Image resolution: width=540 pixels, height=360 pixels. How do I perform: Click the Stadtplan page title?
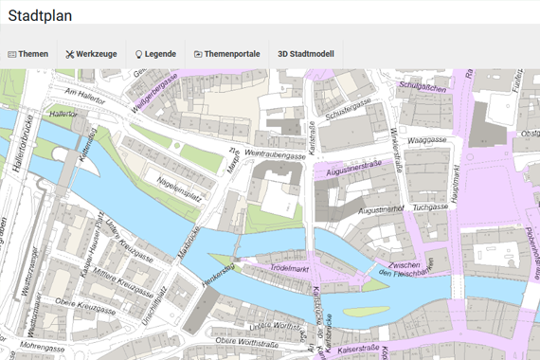(40, 15)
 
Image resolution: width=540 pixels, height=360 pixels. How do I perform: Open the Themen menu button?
(27, 54)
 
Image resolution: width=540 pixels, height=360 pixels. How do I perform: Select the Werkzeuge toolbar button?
(91, 54)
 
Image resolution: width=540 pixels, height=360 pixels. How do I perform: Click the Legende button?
(154, 54)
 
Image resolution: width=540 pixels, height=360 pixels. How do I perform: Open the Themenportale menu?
(226, 54)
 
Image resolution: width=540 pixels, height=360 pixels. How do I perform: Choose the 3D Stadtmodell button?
(305, 54)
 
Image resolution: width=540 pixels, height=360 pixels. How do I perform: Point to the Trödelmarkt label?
(290, 269)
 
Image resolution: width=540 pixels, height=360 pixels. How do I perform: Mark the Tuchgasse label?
(429, 204)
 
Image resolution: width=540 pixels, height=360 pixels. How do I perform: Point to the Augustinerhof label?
(382, 207)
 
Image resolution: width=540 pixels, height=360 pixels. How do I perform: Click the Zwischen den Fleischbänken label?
(411, 269)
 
